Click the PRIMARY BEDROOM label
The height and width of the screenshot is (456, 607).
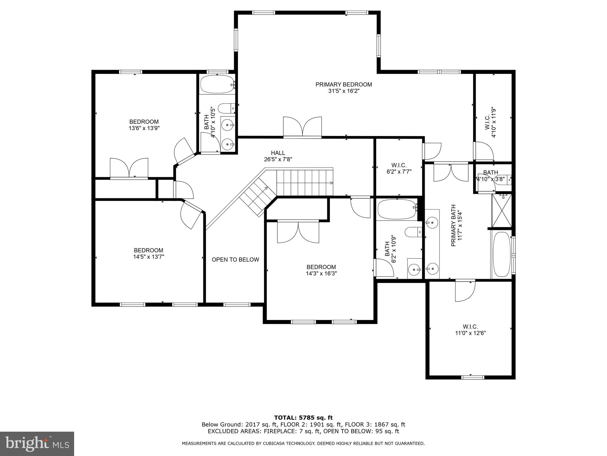344,85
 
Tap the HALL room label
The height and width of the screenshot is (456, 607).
278,153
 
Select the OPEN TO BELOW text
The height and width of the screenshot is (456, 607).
235,260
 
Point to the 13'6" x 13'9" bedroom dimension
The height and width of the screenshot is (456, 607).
144,128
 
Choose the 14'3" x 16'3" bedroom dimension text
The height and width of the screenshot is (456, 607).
321,273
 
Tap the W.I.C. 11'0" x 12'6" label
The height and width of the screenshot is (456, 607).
470,330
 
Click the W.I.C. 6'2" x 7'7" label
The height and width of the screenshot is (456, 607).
399,168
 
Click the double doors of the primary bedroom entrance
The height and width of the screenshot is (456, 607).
302,128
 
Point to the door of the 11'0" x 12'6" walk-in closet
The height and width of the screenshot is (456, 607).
465,291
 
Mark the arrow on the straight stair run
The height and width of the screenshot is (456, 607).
330,183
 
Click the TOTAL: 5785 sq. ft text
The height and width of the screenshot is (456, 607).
303,418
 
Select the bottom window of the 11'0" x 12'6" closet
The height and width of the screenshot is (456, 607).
473,377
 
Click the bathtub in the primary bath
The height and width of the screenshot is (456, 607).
501,255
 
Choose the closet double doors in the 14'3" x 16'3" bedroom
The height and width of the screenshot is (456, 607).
298,232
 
